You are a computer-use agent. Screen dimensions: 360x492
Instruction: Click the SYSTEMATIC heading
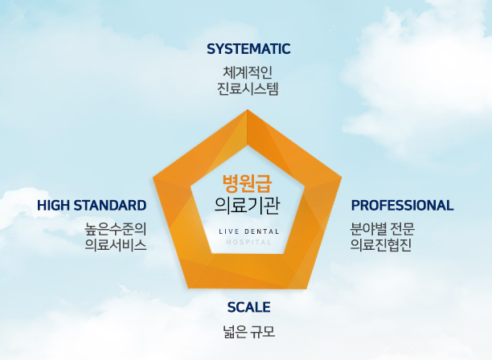pyautogui.click(x=248, y=49)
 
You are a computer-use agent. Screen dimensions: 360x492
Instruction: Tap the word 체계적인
pyautogui.click(x=248, y=72)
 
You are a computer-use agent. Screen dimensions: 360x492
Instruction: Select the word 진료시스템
pyautogui.click(x=248, y=88)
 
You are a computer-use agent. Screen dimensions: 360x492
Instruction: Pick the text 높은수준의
pyautogui.click(x=116, y=228)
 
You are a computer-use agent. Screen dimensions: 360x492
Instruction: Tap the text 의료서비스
pyautogui.click(x=116, y=245)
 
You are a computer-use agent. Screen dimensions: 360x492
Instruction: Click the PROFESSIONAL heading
pyautogui.click(x=402, y=205)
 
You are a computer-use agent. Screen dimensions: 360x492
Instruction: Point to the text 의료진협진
pyautogui.click(x=381, y=245)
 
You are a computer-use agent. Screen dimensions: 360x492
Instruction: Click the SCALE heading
pyautogui.click(x=248, y=307)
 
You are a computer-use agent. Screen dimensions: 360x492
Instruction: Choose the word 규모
pyautogui.click(x=264, y=329)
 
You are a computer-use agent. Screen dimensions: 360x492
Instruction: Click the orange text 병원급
pyautogui.click(x=247, y=182)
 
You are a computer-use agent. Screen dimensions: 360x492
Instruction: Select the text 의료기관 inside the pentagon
pyautogui.click(x=247, y=205)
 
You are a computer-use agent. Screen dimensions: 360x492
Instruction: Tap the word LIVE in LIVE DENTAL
pyautogui.click(x=228, y=231)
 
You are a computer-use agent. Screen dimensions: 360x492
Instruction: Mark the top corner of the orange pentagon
pyautogui.click(x=247, y=111)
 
